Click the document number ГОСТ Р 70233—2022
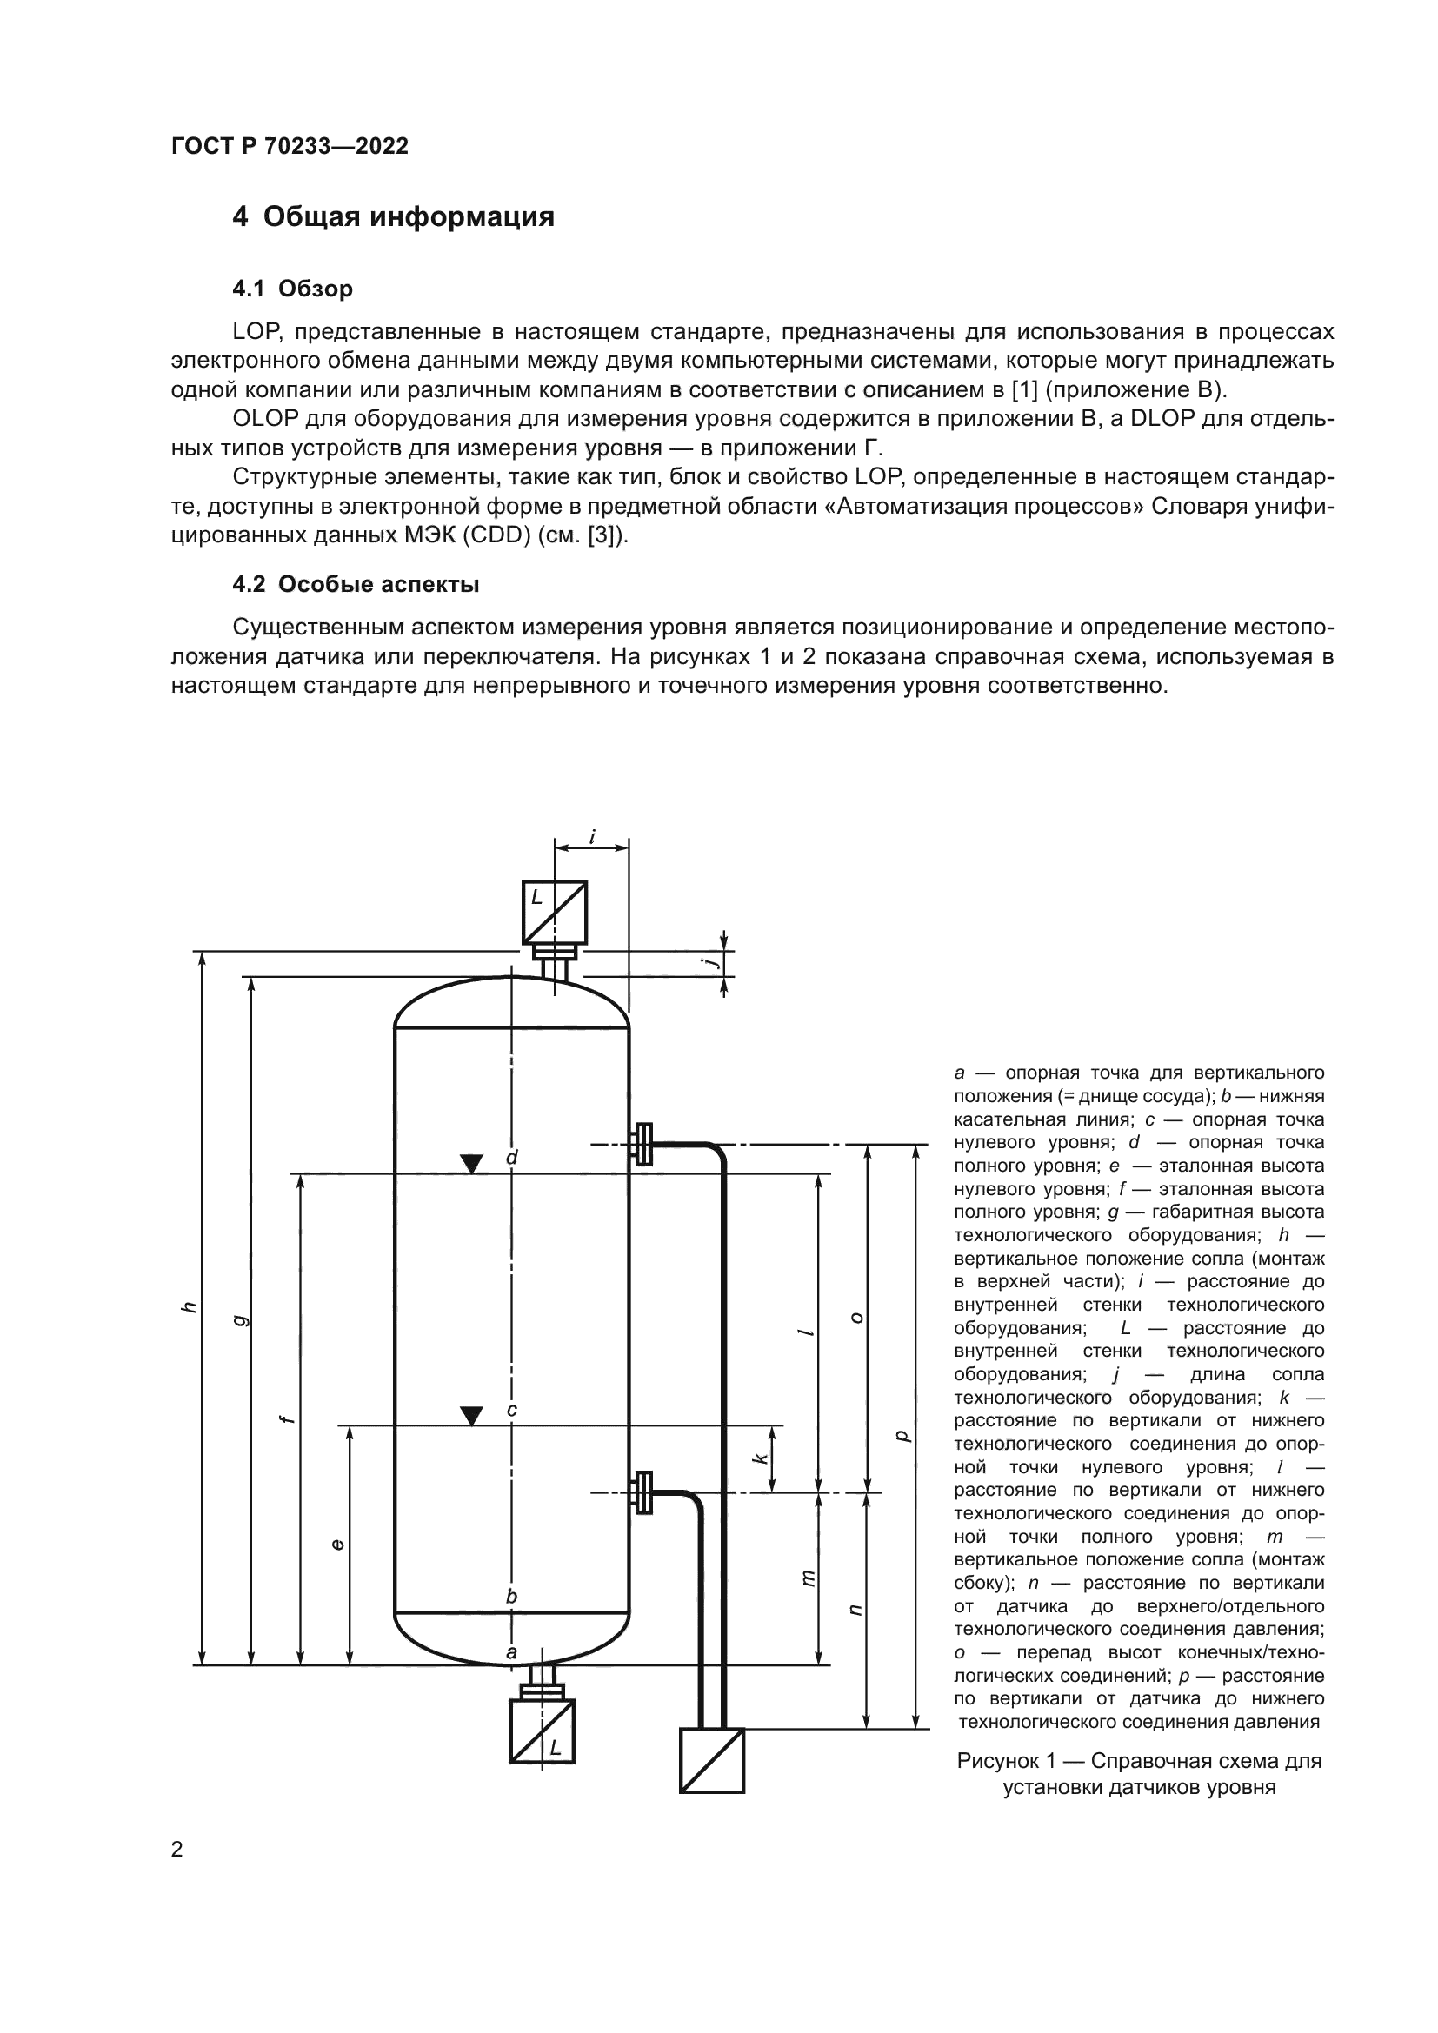point(290,146)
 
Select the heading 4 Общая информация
point(393,217)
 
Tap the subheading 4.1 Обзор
point(292,289)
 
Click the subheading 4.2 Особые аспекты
point(355,584)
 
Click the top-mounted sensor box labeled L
point(555,912)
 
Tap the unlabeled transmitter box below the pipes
point(712,1760)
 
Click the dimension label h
point(188,1308)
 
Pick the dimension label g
point(237,1320)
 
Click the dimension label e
point(336,1545)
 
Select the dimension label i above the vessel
point(591,836)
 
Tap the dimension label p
point(902,1435)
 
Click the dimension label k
point(760,1457)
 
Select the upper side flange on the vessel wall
point(642,1144)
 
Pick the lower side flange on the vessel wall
point(642,1493)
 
